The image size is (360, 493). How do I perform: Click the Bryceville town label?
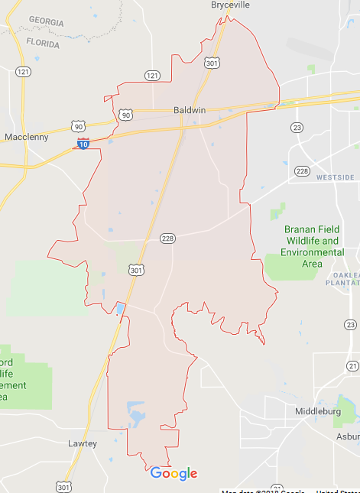pyautogui.click(x=230, y=5)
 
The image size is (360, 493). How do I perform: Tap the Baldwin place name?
pyautogui.click(x=190, y=110)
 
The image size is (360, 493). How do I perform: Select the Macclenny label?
pyautogui.click(x=27, y=137)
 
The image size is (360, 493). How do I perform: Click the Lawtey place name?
pyautogui.click(x=82, y=443)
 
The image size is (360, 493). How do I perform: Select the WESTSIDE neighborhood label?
pyautogui.click(x=336, y=177)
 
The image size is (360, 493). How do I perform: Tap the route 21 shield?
pyautogui.click(x=352, y=367)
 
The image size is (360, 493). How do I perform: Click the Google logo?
pyautogui.click(x=174, y=474)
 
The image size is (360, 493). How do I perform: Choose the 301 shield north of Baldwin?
pyautogui.click(x=212, y=63)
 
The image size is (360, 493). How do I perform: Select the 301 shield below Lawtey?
pyautogui.click(x=63, y=486)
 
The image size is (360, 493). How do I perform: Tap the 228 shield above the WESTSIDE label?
pyautogui.click(x=303, y=170)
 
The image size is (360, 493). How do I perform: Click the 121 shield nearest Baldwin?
pyautogui.click(x=152, y=75)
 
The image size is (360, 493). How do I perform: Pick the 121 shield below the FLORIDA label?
pyautogui.click(x=23, y=72)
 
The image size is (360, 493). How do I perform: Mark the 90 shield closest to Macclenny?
pyautogui.click(x=77, y=125)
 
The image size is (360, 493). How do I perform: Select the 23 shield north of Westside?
pyautogui.click(x=297, y=127)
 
